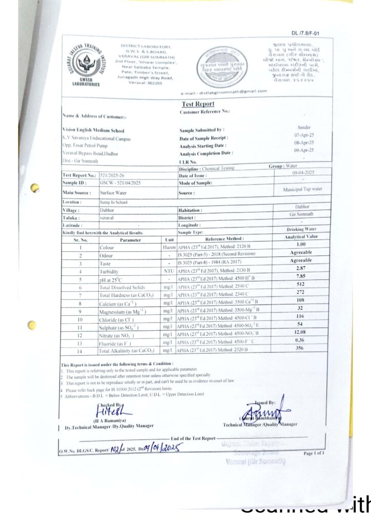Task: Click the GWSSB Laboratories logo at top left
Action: (86, 66)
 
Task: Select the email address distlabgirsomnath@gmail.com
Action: (224, 91)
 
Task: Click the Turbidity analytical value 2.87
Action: (301, 268)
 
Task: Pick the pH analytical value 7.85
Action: (301, 276)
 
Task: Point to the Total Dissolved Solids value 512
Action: (301, 285)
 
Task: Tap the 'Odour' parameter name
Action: (107, 255)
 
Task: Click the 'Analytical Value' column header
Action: (301, 237)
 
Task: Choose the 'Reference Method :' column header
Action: (224, 239)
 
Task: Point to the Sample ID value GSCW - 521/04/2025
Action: (120, 183)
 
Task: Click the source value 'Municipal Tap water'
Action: (302, 189)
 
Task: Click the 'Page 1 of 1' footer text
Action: (314, 453)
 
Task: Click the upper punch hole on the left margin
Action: (35, 189)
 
